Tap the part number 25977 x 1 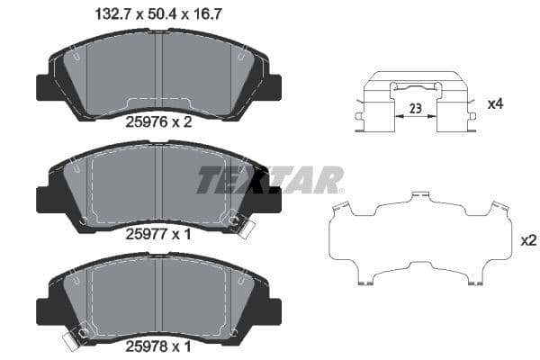159,234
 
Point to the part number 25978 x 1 159,346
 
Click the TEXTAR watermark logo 270,179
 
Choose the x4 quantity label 494,104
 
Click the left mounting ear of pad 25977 43,199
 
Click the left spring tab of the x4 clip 360,117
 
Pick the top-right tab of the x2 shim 493,209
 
